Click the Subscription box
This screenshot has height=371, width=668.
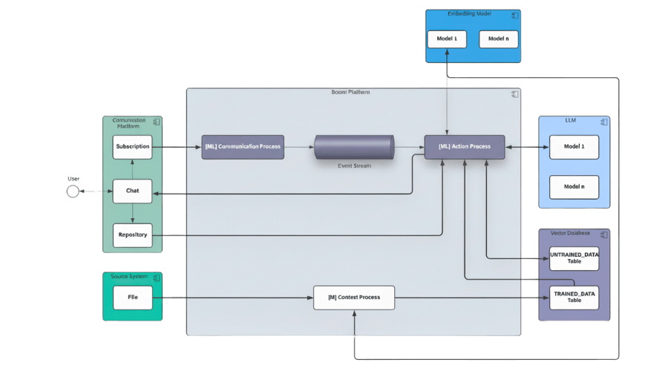(133, 146)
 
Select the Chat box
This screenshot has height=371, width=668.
(133, 191)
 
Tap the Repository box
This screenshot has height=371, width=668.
(133, 235)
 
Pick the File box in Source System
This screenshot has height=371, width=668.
(133, 298)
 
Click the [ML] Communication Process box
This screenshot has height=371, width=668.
(243, 147)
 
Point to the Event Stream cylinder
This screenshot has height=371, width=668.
(354, 146)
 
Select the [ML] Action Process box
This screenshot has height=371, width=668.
(465, 147)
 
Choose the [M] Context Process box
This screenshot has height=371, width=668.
(354, 298)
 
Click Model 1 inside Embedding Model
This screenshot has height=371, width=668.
(448, 39)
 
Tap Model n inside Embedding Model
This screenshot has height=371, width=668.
(499, 39)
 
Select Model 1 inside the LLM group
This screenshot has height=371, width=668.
(574, 147)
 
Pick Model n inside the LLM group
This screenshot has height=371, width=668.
(574, 187)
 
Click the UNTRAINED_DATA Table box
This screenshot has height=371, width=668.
(574, 257)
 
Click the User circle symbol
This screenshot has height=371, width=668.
(73, 191)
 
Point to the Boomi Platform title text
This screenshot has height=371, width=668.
(350, 93)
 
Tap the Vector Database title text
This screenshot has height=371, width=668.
(570, 233)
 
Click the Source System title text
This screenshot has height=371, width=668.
(129, 277)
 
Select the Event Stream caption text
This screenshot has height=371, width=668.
(354, 166)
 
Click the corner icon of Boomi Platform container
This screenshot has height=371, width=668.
(514, 94)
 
